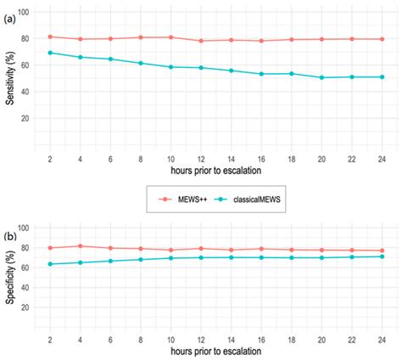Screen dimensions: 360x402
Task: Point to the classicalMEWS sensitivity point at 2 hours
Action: click(49, 53)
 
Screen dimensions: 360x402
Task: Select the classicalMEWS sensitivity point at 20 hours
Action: click(321, 77)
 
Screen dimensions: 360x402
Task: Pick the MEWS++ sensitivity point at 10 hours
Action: click(170, 37)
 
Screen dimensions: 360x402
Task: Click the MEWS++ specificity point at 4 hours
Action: click(80, 246)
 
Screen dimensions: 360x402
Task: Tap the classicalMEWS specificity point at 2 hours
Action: click(49, 264)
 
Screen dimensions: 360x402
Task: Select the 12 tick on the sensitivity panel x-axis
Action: click(201, 158)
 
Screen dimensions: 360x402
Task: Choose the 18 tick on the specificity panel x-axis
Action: click(292, 336)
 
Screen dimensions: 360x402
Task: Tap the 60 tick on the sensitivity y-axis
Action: click(27, 65)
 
